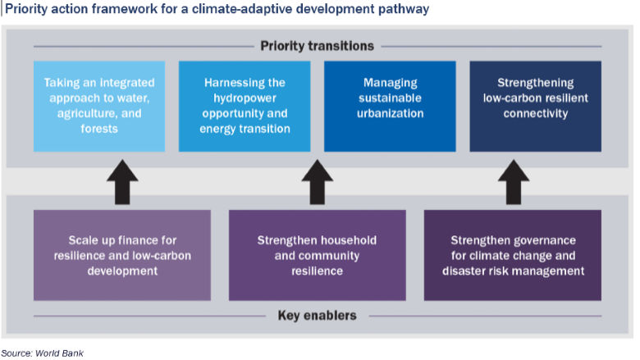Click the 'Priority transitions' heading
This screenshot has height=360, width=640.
click(317, 46)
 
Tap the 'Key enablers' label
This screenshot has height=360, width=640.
click(317, 315)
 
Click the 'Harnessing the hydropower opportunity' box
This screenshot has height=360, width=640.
click(244, 105)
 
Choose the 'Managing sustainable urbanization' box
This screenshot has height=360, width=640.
click(390, 105)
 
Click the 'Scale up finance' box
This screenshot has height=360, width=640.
click(122, 254)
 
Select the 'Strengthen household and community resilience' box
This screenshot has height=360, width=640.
click(317, 254)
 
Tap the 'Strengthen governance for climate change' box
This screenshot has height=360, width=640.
click(513, 254)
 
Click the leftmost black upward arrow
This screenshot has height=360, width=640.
click(122, 182)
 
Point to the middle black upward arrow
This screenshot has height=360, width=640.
click(317, 182)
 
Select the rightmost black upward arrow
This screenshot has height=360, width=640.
click(513, 182)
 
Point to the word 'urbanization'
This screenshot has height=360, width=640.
click(390, 113)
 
